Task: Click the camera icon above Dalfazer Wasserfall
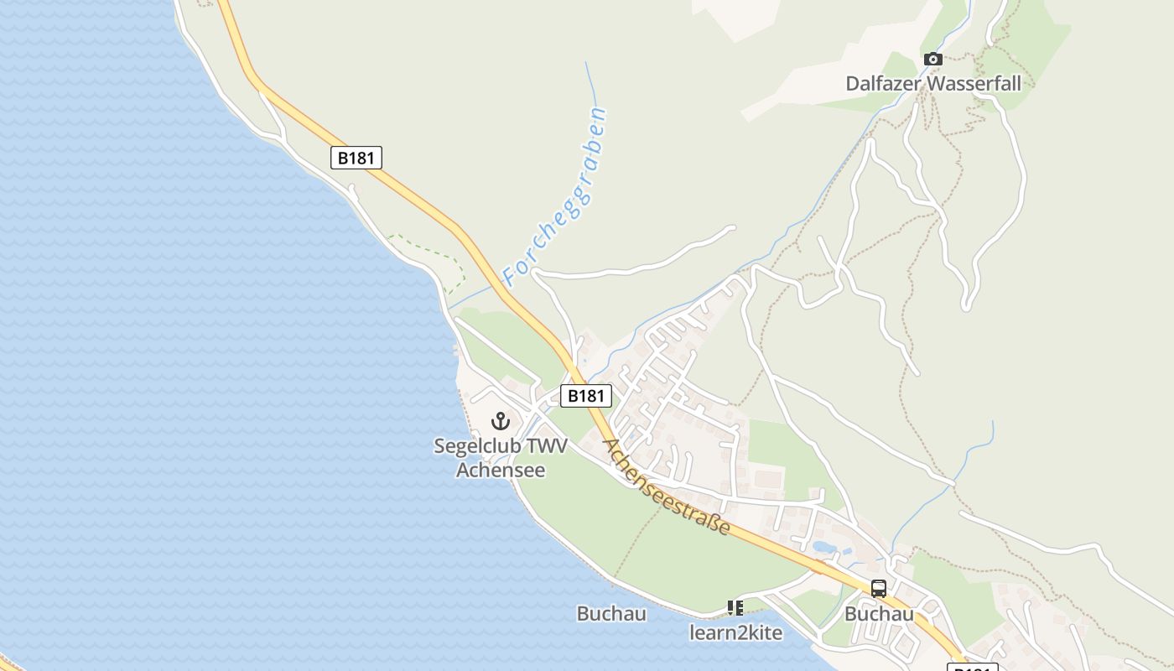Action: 932,59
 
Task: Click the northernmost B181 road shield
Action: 356,158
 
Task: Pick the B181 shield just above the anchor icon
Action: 586,396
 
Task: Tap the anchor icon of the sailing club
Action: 501,421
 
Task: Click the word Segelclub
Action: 469,446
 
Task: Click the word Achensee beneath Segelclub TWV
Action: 501,470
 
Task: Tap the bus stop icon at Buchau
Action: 879,589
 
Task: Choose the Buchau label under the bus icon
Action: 879,614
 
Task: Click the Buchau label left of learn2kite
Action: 611,614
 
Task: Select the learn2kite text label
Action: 735,633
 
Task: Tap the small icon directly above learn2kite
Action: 735,607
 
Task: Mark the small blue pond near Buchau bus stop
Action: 823,547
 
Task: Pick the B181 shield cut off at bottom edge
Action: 973,667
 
